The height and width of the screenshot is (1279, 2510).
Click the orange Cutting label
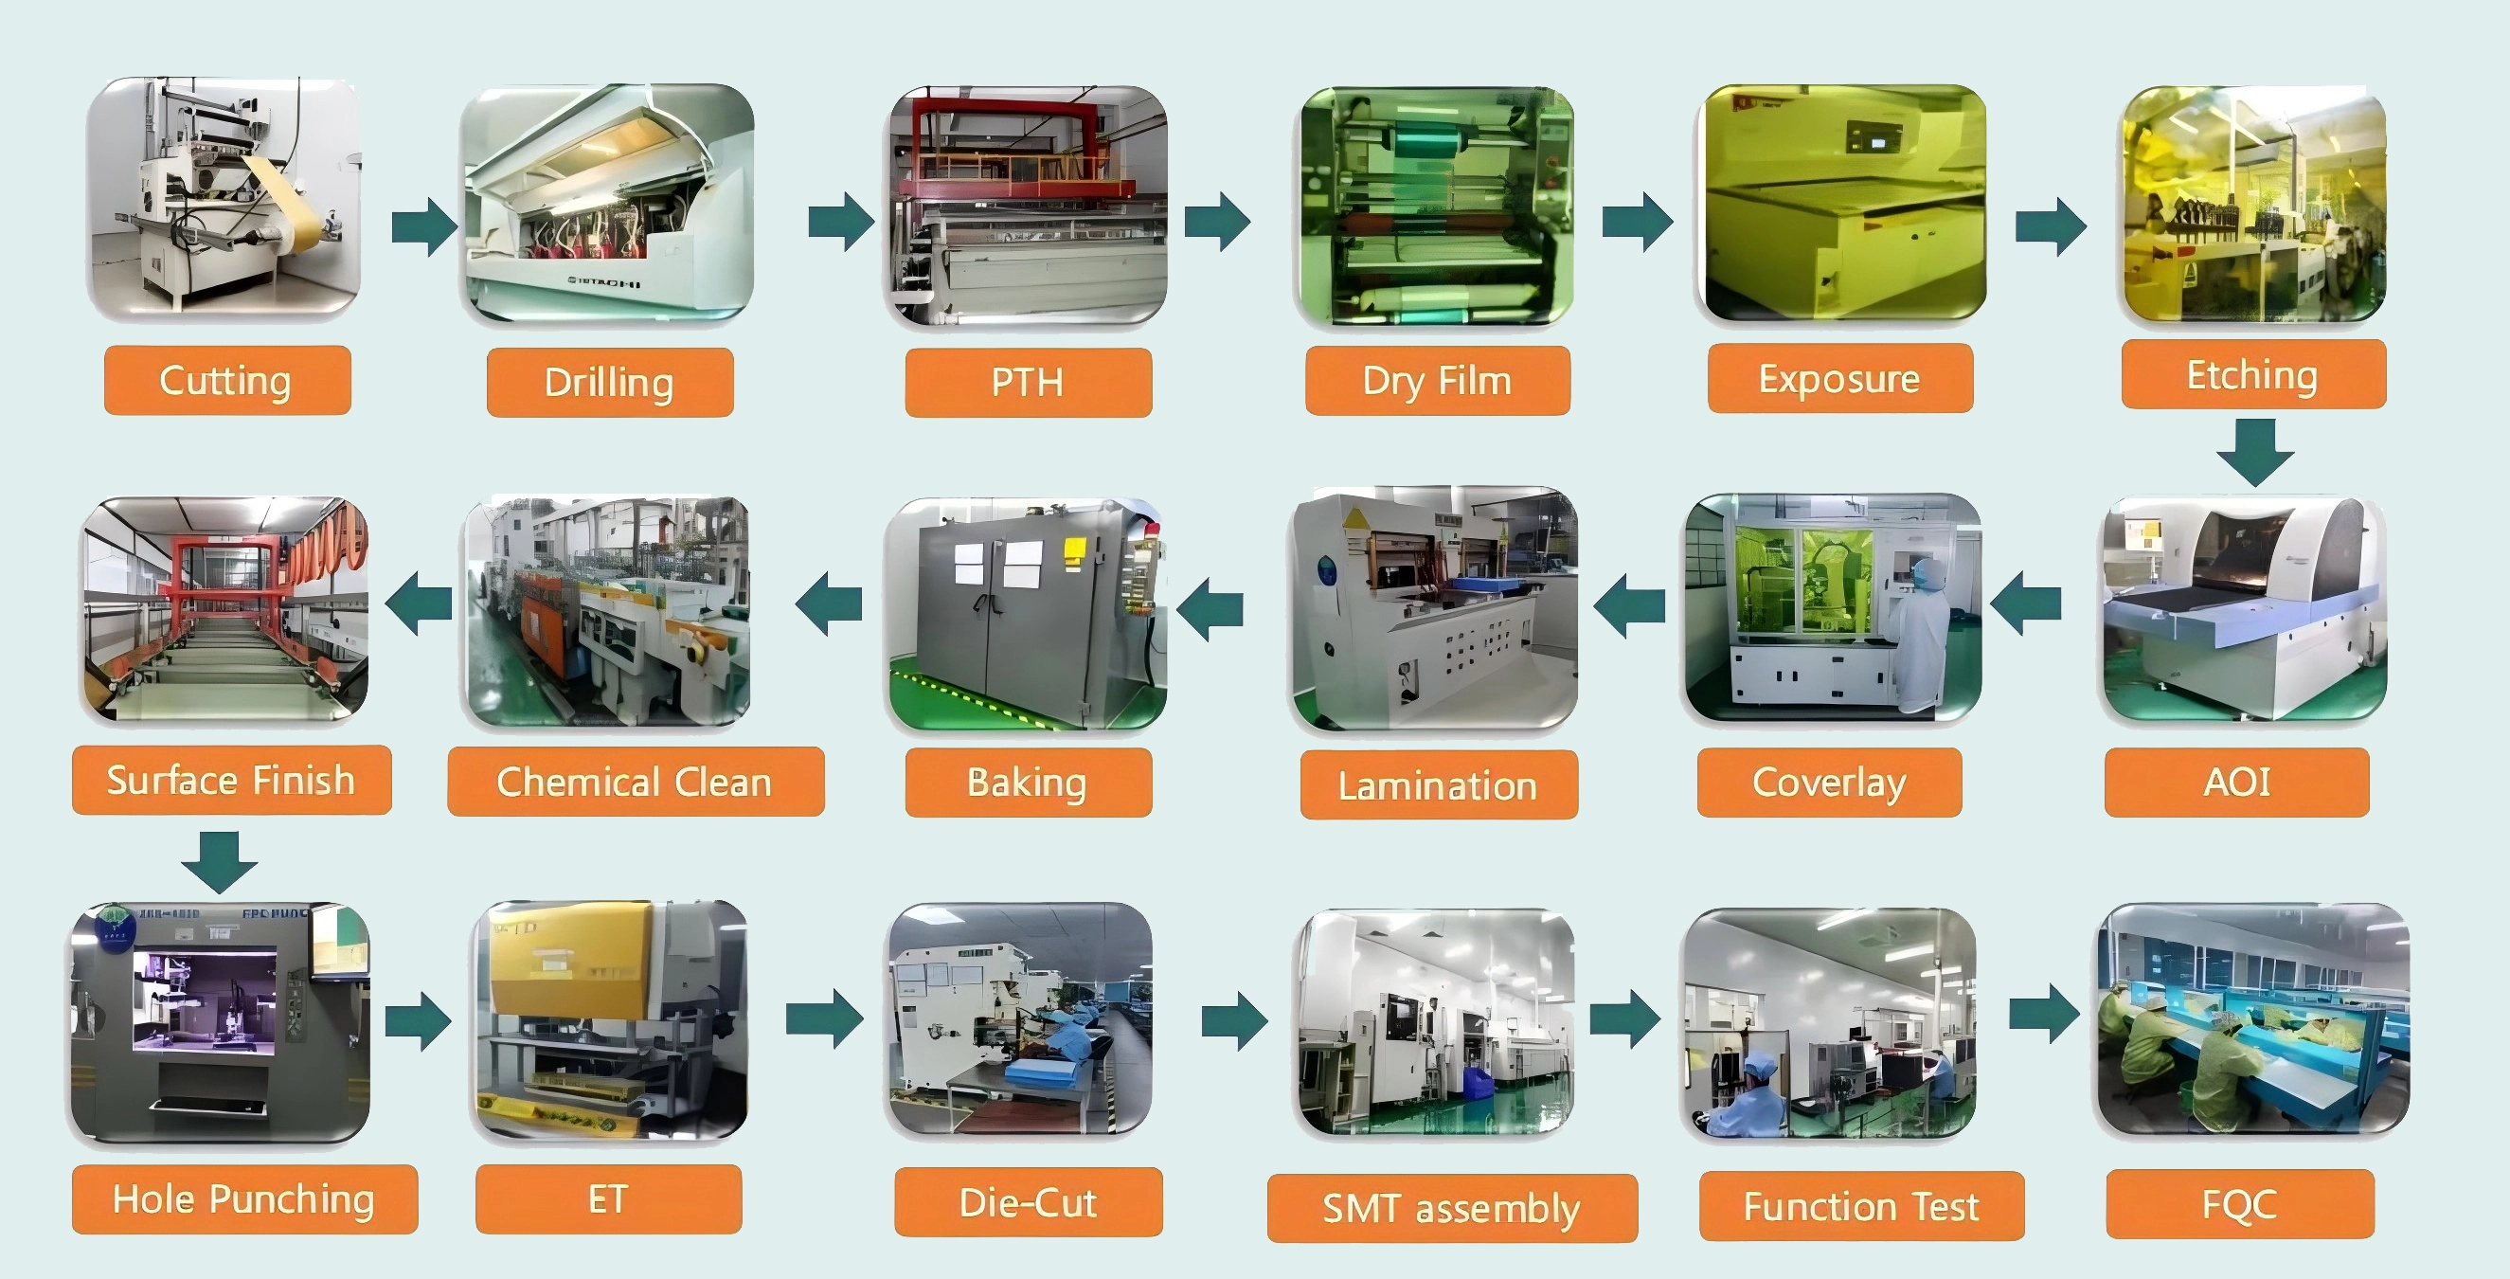click(227, 380)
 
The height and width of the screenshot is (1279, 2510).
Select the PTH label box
click(1028, 382)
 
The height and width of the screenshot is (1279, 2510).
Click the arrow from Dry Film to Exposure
click(1637, 222)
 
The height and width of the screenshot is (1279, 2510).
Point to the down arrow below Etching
click(2254, 452)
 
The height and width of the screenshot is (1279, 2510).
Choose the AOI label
click(2236, 782)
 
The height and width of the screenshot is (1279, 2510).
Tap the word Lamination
click(1437, 785)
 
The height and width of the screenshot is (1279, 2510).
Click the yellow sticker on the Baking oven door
click(1075, 551)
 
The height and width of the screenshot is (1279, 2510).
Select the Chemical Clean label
click(636, 782)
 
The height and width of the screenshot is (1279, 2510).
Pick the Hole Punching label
click(243, 1199)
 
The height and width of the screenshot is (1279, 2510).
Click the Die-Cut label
click(1028, 1203)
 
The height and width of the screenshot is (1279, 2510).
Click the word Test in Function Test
click(1945, 1207)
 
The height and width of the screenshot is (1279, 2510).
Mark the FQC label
click(2239, 1205)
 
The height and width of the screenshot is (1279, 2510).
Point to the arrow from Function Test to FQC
click(2044, 1014)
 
